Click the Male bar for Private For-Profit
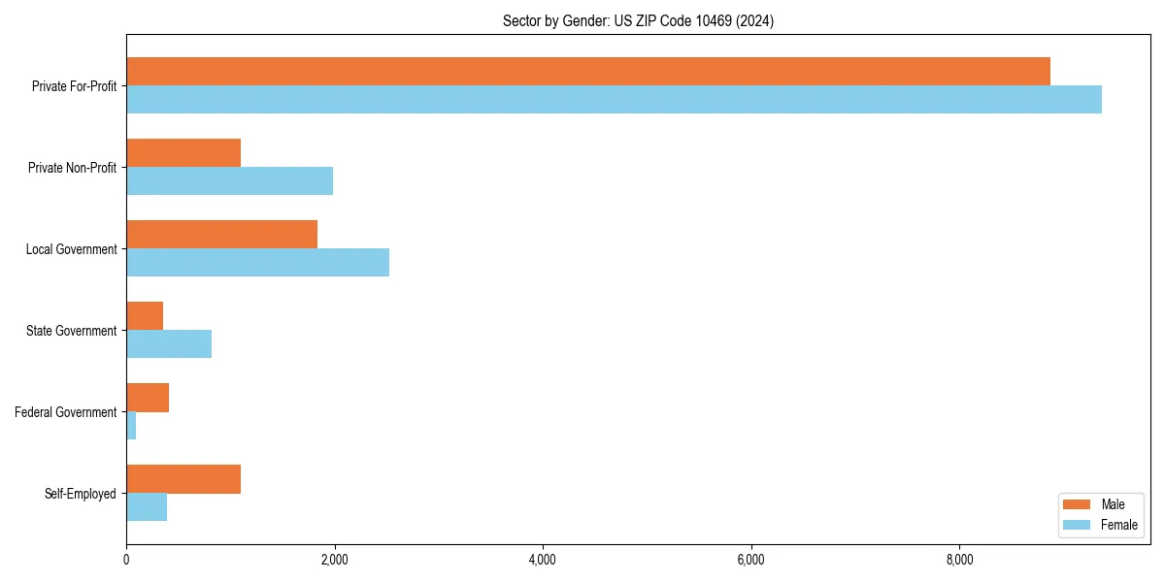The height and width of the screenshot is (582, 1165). [x=588, y=71]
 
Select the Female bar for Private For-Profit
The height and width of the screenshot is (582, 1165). [x=614, y=99]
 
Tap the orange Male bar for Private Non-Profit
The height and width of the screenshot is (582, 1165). [x=183, y=152]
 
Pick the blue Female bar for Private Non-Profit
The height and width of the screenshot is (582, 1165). [x=229, y=180]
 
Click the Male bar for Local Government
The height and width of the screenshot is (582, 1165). [x=221, y=234]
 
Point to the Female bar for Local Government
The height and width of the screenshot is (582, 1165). [x=257, y=262]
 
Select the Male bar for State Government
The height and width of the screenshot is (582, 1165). [x=145, y=315]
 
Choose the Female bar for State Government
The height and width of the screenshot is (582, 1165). [x=169, y=343]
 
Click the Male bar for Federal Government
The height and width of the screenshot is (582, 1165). [x=148, y=397]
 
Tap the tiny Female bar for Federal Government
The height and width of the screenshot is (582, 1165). [x=131, y=425]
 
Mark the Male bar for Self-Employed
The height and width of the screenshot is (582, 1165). [x=183, y=478]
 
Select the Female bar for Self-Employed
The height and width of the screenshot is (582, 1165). [x=147, y=506]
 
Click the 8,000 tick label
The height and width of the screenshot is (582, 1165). [x=959, y=560]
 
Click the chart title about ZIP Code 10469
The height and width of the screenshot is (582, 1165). [x=638, y=20]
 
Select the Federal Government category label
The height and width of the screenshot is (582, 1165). [x=66, y=412]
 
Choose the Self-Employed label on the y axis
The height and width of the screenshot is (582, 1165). [x=81, y=494]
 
